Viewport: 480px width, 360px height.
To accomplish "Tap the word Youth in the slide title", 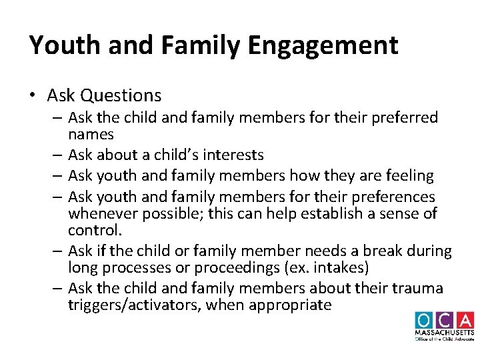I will click(61, 45).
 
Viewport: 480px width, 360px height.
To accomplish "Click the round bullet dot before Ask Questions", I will click(33, 96).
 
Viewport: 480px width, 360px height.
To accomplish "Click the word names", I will click(91, 134).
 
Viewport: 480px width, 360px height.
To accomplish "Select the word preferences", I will click(393, 197).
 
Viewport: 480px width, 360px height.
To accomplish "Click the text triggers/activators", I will click(133, 305).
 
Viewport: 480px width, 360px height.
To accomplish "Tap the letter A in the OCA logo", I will click(464, 320).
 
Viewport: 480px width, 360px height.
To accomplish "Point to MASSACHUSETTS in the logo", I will click(445, 332).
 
